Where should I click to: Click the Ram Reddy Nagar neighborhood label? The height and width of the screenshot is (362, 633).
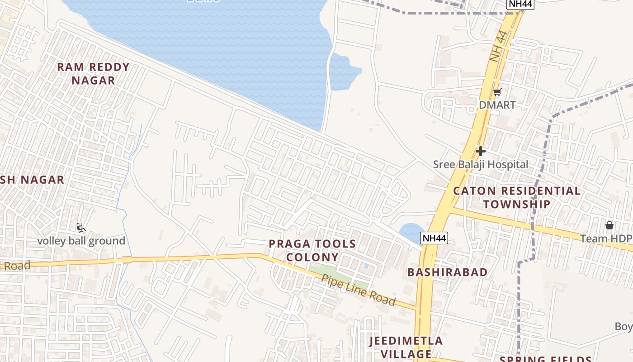tap(93, 74)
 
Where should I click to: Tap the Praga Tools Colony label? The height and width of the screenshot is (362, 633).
tap(312, 251)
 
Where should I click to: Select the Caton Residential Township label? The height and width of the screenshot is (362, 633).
tap(517, 197)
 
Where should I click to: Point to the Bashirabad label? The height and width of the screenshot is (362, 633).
tap(447, 272)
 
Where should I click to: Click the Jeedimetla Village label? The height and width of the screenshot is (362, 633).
tap(406, 347)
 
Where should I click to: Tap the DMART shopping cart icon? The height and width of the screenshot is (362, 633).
tap(497, 92)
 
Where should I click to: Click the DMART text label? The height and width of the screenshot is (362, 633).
tap(497, 105)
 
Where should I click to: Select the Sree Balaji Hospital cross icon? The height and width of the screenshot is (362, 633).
tap(480, 151)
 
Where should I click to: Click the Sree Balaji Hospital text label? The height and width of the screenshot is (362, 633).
tap(480, 164)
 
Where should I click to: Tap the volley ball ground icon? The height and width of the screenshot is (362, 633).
tap(81, 228)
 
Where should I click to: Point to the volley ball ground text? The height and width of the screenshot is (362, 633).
tap(81, 241)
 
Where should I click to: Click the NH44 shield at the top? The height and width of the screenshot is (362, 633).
tap(520, 4)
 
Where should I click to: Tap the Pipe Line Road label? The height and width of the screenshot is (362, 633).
tap(359, 290)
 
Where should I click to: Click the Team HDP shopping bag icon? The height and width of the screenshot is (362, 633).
tap(609, 225)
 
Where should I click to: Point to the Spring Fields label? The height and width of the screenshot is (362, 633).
tap(545, 359)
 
